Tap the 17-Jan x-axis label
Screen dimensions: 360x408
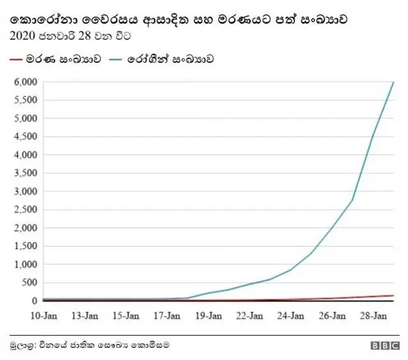click(x=168, y=315)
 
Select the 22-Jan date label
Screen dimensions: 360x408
click(x=250, y=315)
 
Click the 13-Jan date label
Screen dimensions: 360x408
click(x=85, y=315)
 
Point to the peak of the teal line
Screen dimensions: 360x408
click(x=393, y=82)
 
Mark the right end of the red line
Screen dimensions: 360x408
click(x=393, y=295)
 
